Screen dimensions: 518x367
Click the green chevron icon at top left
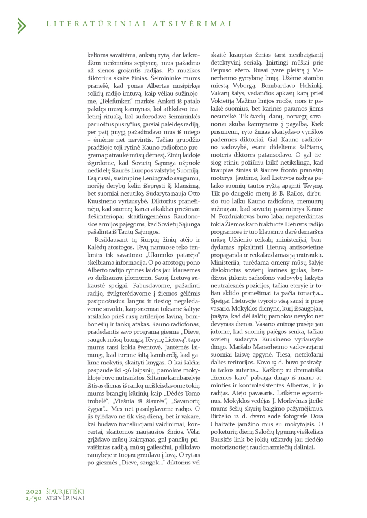click(x=21, y=26)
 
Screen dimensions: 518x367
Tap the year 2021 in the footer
click(x=34, y=492)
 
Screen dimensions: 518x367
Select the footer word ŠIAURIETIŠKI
click(x=65, y=492)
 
